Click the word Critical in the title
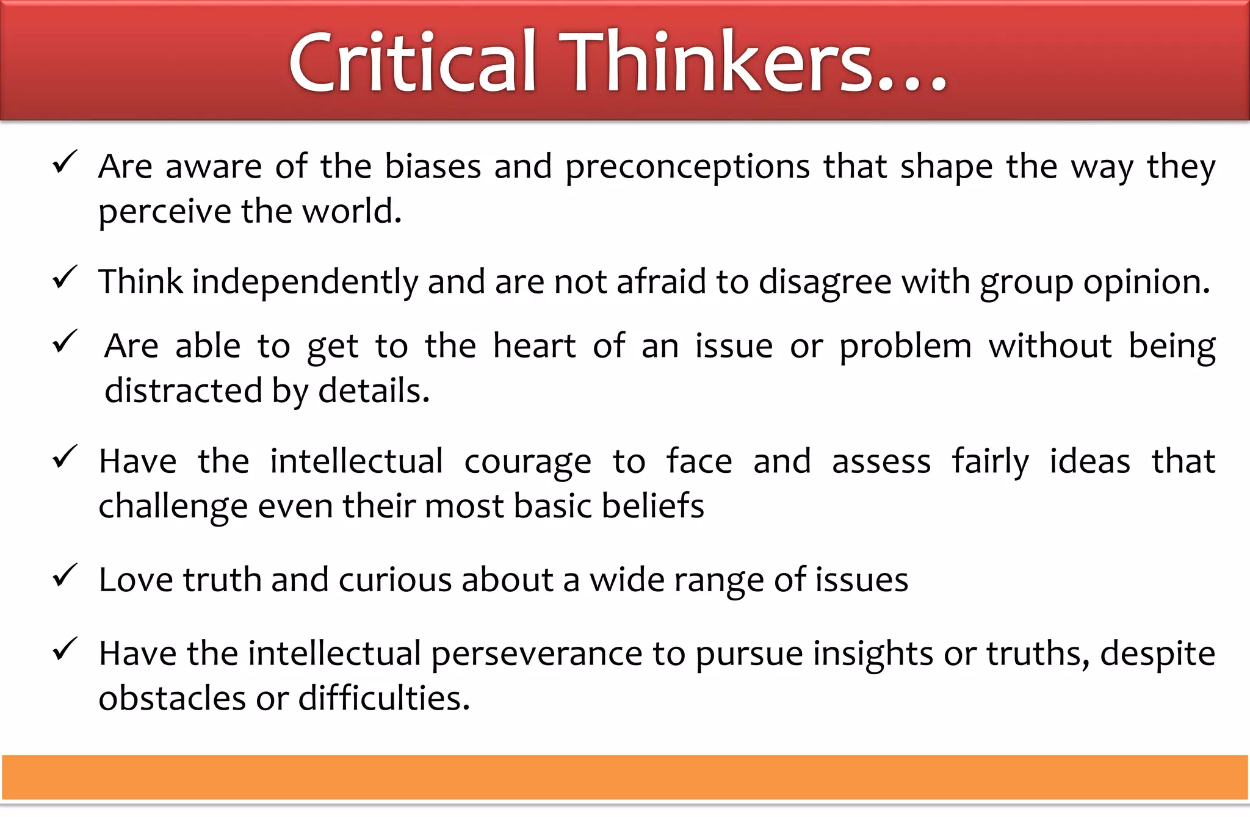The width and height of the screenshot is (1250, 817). pyautogui.click(x=413, y=63)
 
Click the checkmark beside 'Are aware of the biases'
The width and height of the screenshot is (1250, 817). pyautogui.click(x=65, y=162)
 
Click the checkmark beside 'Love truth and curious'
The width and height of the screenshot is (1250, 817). pyautogui.click(x=65, y=575)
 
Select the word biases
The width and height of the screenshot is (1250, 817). pyautogui.click(x=433, y=166)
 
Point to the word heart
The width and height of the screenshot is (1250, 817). pyautogui.click(x=534, y=346)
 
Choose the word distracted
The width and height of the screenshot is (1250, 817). pyautogui.click(x=184, y=391)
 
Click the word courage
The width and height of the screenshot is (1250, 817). pyautogui.click(x=527, y=462)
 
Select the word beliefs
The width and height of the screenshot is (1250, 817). pyautogui.click(x=652, y=506)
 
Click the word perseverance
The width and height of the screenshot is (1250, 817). pyautogui.click(x=536, y=655)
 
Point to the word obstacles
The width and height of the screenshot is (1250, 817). pyautogui.click(x=172, y=698)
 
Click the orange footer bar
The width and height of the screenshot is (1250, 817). pyautogui.click(x=625, y=777)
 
